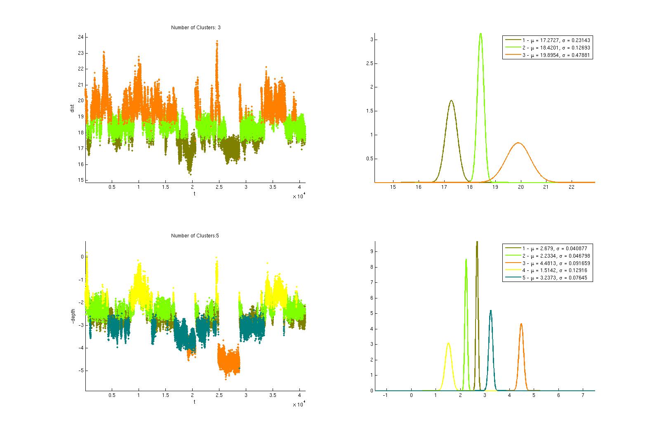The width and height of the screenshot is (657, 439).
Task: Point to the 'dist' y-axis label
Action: point(72,108)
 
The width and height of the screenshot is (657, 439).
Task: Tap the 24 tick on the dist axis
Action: point(80,37)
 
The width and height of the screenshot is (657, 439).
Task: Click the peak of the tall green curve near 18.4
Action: point(480,34)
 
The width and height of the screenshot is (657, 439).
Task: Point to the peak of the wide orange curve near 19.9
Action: point(518,143)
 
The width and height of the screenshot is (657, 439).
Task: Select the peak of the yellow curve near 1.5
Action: point(448,343)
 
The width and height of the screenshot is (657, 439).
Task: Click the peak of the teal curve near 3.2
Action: point(491,310)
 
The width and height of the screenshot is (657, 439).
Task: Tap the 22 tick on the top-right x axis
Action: point(572,187)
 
